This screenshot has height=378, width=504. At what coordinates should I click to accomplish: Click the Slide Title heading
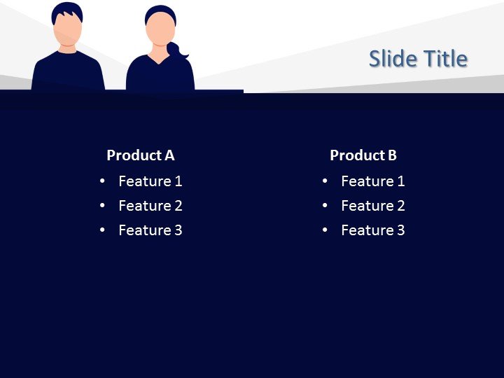pos(418,59)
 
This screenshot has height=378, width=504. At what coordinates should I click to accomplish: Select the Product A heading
pos(140,155)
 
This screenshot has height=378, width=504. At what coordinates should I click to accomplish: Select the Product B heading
pos(363,155)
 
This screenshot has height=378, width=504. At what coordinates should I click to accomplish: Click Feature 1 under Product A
pos(150,181)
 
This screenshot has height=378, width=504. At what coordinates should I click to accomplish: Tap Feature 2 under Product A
pos(150,206)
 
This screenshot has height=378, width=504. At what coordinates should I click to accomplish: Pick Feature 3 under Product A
pos(150,230)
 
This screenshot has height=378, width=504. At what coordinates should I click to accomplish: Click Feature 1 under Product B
pos(372,181)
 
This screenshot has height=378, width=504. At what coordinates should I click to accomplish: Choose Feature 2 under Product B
pos(372,206)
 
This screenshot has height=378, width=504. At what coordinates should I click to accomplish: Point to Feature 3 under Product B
pos(372,230)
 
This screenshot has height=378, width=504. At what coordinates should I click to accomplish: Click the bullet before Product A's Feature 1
pos(102,181)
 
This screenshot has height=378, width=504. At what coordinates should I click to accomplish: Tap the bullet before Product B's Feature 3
pos(325,230)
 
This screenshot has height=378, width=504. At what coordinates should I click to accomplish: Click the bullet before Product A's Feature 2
pos(102,206)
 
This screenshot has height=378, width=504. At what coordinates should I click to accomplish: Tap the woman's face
pos(160,31)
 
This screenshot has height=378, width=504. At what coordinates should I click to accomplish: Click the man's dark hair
pos(68,9)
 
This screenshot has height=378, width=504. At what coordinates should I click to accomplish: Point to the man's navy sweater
pos(68,73)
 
